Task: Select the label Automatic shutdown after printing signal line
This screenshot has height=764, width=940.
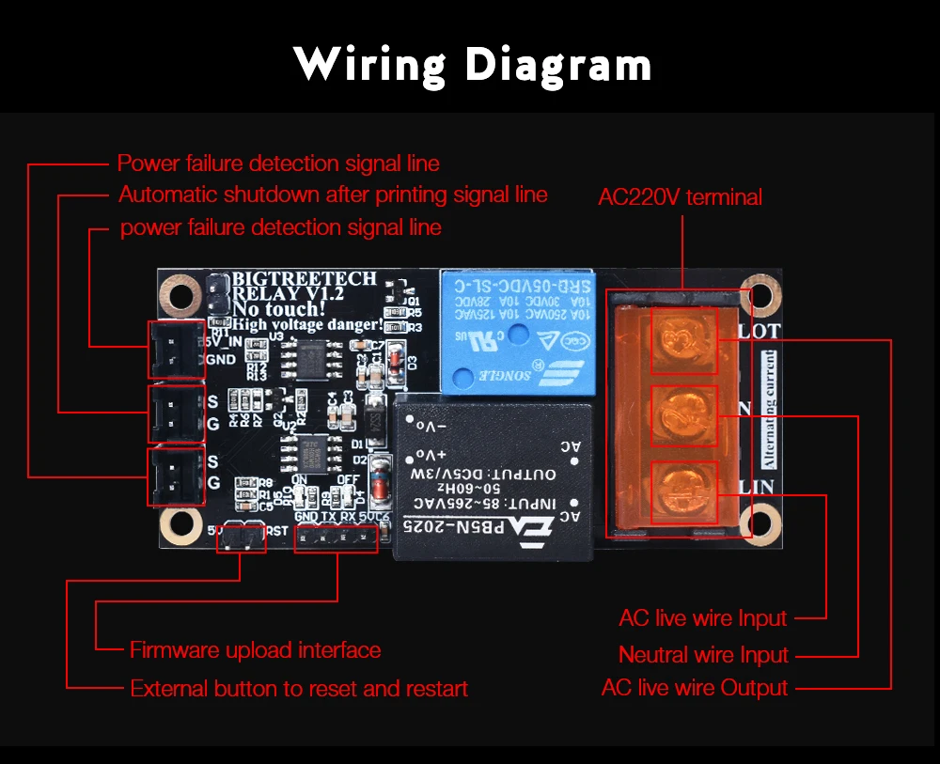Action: click(333, 195)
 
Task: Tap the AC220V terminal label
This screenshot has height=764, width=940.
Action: click(680, 197)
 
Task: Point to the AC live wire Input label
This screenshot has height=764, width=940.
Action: click(702, 618)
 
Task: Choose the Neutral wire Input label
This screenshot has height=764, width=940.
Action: click(703, 654)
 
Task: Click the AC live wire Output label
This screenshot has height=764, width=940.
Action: click(694, 688)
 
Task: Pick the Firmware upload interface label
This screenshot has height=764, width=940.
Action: click(255, 649)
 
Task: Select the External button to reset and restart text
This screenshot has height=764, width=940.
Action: click(299, 689)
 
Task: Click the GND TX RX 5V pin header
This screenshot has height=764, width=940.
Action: click(336, 538)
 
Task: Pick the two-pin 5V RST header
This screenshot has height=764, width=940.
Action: click(240, 539)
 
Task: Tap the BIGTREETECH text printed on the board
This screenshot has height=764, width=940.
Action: click(305, 279)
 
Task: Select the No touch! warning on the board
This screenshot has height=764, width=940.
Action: click(279, 308)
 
